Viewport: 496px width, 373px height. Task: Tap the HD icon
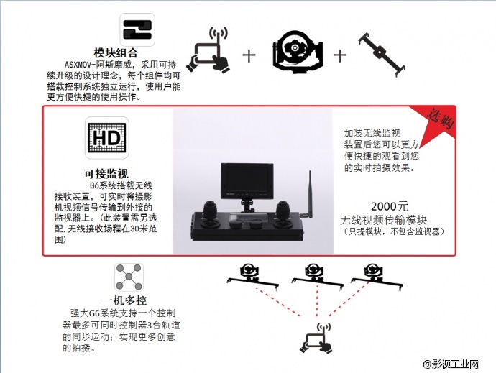coord(107,138)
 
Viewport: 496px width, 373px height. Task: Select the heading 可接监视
coord(107,175)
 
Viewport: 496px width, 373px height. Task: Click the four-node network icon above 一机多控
coord(129,277)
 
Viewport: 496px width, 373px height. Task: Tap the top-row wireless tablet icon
coord(210,52)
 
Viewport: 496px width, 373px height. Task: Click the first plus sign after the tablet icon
coord(249,54)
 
